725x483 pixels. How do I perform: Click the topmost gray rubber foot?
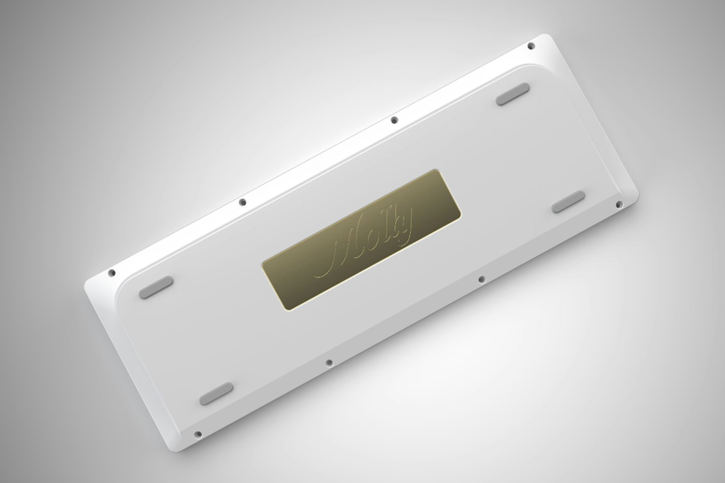pyautogui.click(x=513, y=93)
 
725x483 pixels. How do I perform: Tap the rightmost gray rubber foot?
pyautogui.click(x=568, y=201)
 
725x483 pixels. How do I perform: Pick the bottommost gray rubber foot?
pyautogui.click(x=216, y=394)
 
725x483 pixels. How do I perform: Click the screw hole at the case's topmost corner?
pyautogui.click(x=531, y=46)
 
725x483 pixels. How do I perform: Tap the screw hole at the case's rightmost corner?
pyautogui.click(x=618, y=205)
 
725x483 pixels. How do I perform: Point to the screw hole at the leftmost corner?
pyautogui.click(x=112, y=273)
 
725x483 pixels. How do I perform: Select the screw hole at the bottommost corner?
pyautogui.click(x=197, y=434)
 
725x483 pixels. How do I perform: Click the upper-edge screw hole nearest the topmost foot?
pyautogui.click(x=394, y=119)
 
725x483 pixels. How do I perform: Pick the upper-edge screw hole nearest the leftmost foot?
pyautogui.click(x=243, y=202)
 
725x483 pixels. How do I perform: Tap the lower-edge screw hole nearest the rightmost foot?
pyautogui.click(x=481, y=280)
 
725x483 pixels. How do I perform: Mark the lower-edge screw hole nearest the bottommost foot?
pyautogui.click(x=329, y=362)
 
